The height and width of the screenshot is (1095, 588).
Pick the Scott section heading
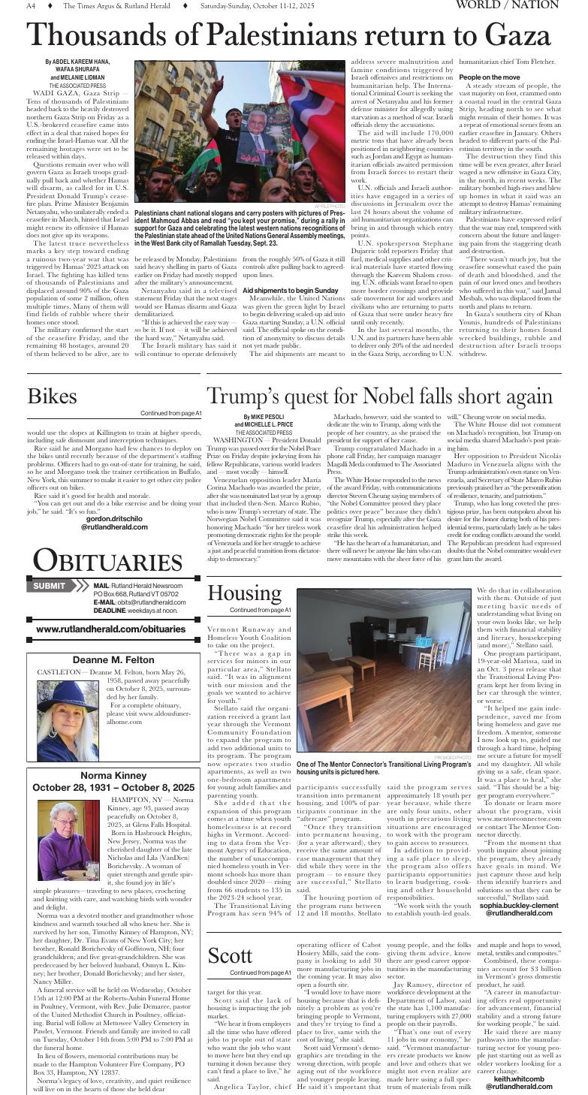click(230, 956)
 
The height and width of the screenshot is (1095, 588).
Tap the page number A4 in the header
click(32, 6)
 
